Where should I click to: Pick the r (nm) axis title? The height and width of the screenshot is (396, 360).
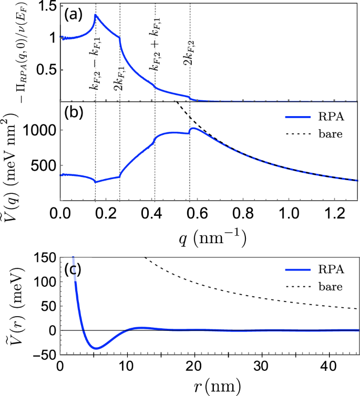209,387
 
